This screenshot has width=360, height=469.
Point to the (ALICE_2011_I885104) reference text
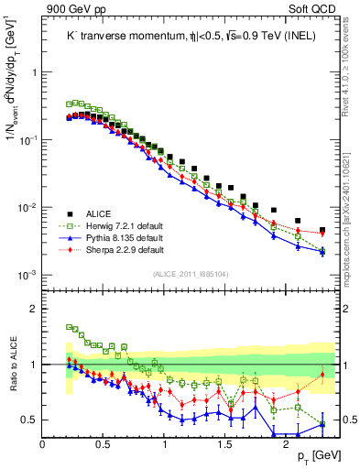point(190,273)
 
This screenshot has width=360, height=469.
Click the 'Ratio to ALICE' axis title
point(12,365)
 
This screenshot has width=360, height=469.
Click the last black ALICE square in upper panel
point(322,230)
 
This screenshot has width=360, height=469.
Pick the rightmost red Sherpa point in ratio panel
point(322,375)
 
